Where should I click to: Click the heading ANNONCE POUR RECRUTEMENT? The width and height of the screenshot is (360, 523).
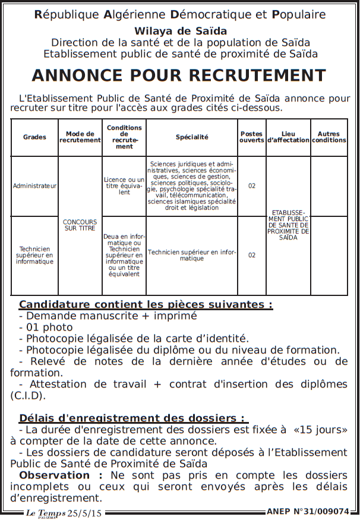tap(179, 75)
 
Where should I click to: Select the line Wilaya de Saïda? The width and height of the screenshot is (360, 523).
tap(180, 31)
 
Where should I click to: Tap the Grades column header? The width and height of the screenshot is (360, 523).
tap(34, 137)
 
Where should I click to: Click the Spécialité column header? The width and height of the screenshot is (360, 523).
tap(192, 137)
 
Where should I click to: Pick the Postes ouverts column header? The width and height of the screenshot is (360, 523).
tap(251, 137)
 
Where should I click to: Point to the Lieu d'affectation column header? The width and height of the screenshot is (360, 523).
tap(288, 137)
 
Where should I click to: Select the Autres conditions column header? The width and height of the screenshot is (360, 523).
tap(329, 137)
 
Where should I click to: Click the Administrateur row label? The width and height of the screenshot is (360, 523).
tap(34, 185)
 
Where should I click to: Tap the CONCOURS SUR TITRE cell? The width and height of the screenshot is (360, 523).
tap(80, 225)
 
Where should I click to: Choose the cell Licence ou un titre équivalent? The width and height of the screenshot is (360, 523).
tap(124, 185)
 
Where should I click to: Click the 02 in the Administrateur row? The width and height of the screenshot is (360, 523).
tap(252, 186)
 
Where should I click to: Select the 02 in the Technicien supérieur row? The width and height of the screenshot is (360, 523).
tap(252, 255)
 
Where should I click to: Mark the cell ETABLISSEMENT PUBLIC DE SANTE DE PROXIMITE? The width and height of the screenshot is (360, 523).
tap(288, 224)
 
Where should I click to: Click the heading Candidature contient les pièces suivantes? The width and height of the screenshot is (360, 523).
tap(146, 305)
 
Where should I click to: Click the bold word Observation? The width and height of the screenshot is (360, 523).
tap(54, 475)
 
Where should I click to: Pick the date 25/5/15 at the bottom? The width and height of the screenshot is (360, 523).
tap(84, 513)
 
